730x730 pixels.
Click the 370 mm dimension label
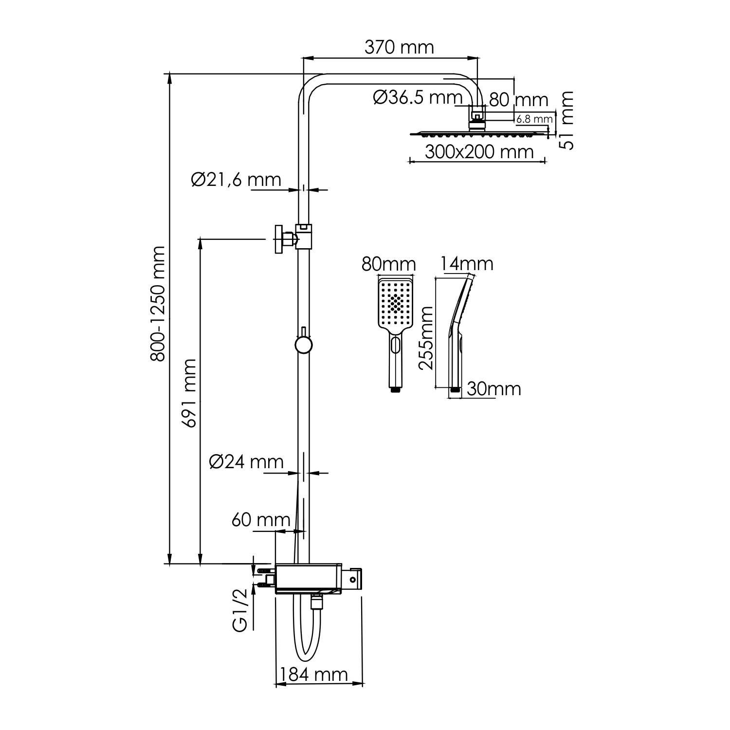click(x=399, y=47)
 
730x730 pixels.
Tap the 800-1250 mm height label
click(x=158, y=304)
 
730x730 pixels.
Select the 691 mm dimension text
click(x=189, y=393)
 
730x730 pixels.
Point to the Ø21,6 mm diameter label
click(x=236, y=180)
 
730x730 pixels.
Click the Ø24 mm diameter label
click(x=246, y=461)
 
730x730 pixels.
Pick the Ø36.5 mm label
click(x=418, y=97)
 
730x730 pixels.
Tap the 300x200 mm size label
click(x=479, y=152)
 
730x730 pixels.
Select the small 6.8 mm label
click(x=534, y=118)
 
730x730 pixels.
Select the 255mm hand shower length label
click(x=426, y=338)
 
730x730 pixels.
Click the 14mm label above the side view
click(x=467, y=264)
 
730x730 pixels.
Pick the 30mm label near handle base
click(x=493, y=388)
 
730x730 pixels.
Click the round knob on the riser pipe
click(x=303, y=345)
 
